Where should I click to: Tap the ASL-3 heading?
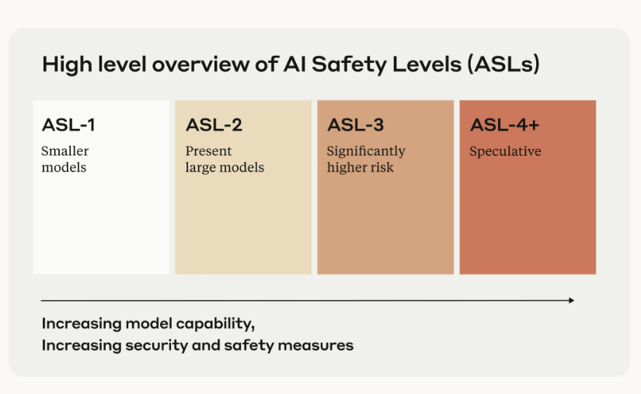(x=355, y=125)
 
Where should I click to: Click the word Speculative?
(x=505, y=151)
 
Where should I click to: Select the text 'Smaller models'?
(x=64, y=159)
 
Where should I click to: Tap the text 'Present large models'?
(x=225, y=159)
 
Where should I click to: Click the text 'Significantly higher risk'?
(x=366, y=159)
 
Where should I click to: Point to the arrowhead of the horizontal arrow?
(x=571, y=300)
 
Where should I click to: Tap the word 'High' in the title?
(x=62, y=64)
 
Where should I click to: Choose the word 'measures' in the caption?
(x=319, y=345)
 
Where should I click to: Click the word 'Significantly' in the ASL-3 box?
(x=366, y=151)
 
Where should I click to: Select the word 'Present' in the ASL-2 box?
(x=208, y=151)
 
